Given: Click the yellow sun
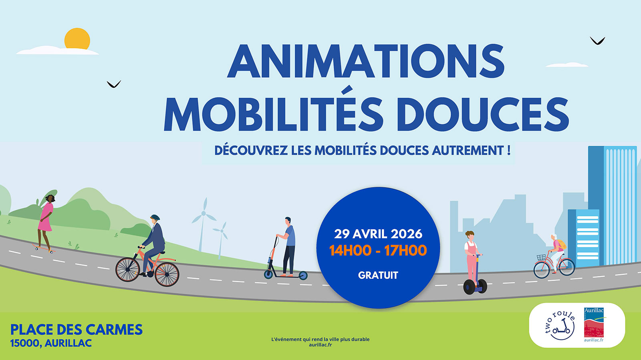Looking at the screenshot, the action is pos(77,38).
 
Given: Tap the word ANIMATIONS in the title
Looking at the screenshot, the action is pos(366,61).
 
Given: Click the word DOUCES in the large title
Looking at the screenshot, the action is pos(483,114).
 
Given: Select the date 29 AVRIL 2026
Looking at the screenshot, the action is pos(378,234).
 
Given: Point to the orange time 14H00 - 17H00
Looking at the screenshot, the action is pos(378,251).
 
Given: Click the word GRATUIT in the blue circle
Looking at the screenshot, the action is pos(378,275).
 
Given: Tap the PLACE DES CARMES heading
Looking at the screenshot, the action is pos(77,330).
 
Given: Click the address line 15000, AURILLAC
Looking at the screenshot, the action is pos(51,343).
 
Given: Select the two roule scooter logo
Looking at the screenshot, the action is pos(559,327).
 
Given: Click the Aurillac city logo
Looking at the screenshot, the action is pos(594,325).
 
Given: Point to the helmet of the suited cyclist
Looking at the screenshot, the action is pos(155,217).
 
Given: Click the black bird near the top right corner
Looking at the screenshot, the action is pos(597,41).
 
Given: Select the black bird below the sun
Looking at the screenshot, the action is pos(114,84).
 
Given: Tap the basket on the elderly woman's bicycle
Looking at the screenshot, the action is pos(541,257).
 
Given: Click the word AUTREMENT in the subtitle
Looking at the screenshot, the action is pos(468,151).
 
